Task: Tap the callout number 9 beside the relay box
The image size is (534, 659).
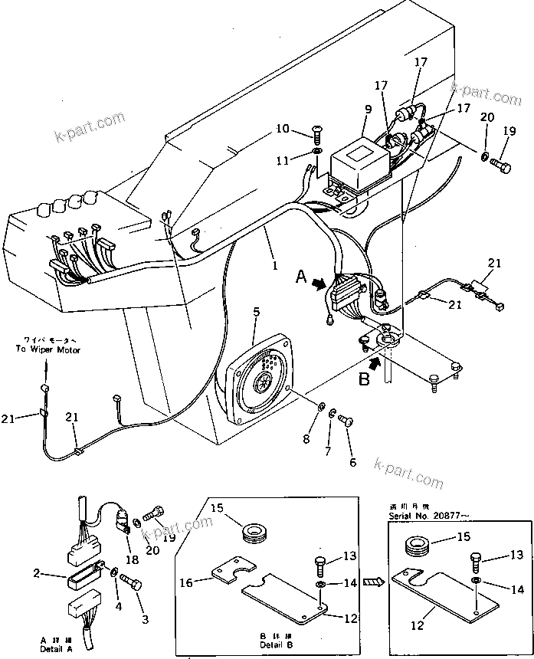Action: click(367, 109)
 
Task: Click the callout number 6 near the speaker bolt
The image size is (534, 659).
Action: click(353, 463)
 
